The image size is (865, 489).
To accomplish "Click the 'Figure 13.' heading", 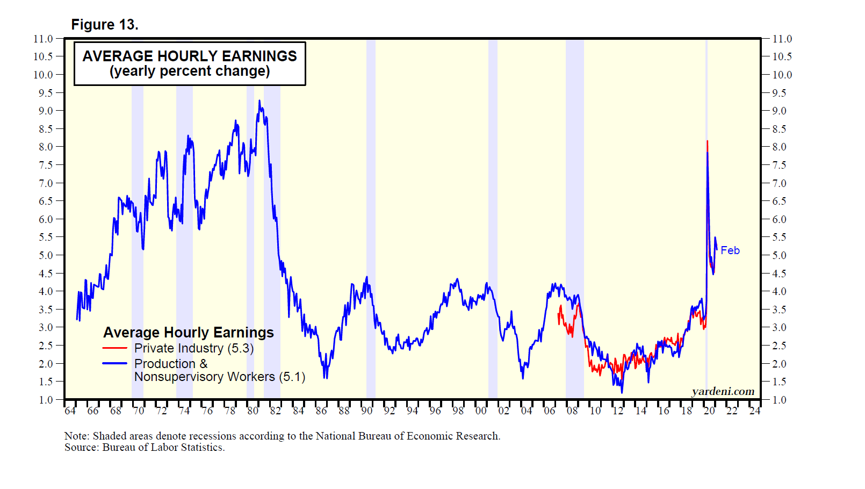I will click(x=105, y=25).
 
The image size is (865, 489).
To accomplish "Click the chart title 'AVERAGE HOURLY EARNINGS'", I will click(x=189, y=56).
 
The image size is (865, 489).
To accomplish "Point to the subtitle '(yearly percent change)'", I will click(x=189, y=71).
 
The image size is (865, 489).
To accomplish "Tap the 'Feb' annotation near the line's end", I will click(x=730, y=250).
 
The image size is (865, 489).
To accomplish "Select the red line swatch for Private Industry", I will click(x=114, y=348).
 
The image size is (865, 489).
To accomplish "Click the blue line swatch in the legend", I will click(x=114, y=363).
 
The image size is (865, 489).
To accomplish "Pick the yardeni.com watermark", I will click(x=723, y=391).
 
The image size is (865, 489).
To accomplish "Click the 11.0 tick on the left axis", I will click(x=43, y=39).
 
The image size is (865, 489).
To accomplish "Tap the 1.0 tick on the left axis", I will click(x=46, y=400).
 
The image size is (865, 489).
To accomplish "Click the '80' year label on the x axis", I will click(x=253, y=411).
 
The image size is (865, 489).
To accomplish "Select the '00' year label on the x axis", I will click(x=480, y=411).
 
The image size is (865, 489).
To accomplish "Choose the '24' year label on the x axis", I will click(x=754, y=411).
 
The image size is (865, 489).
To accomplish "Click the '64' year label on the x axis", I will click(x=70, y=411).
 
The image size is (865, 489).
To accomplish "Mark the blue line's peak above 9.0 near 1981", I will click(x=259, y=101).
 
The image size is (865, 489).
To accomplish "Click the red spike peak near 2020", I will click(x=707, y=141).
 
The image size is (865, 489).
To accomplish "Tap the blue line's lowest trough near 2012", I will click(x=622, y=392).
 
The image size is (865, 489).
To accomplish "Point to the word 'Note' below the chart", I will click(x=76, y=436).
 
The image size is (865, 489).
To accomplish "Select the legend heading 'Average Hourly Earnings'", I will click(x=189, y=333).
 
